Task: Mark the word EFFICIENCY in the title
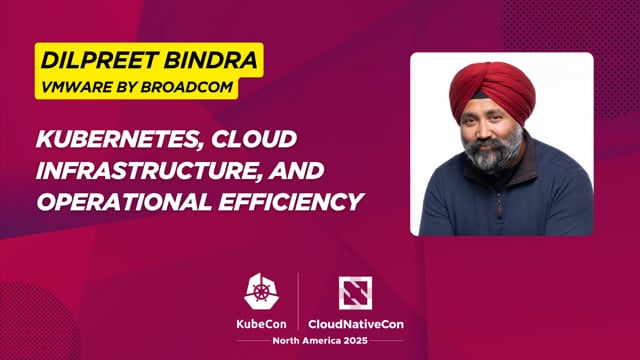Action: point(289,201)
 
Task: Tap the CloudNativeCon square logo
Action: point(357,291)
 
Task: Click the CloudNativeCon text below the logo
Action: point(357,323)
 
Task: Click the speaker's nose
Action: point(494,130)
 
